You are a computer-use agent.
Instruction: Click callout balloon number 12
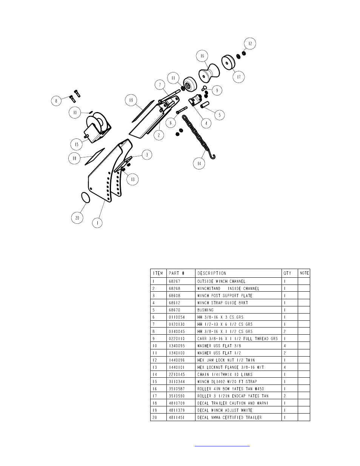click(250, 43)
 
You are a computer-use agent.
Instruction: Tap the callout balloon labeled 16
click(202, 56)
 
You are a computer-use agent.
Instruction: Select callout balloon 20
click(77, 218)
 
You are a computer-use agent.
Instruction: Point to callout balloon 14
click(199, 163)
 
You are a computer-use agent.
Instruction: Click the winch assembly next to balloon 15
click(98, 128)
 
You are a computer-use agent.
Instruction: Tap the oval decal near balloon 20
click(86, 197)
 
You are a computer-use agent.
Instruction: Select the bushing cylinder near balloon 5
click(205, 105)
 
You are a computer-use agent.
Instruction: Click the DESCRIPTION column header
click(212, 273)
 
